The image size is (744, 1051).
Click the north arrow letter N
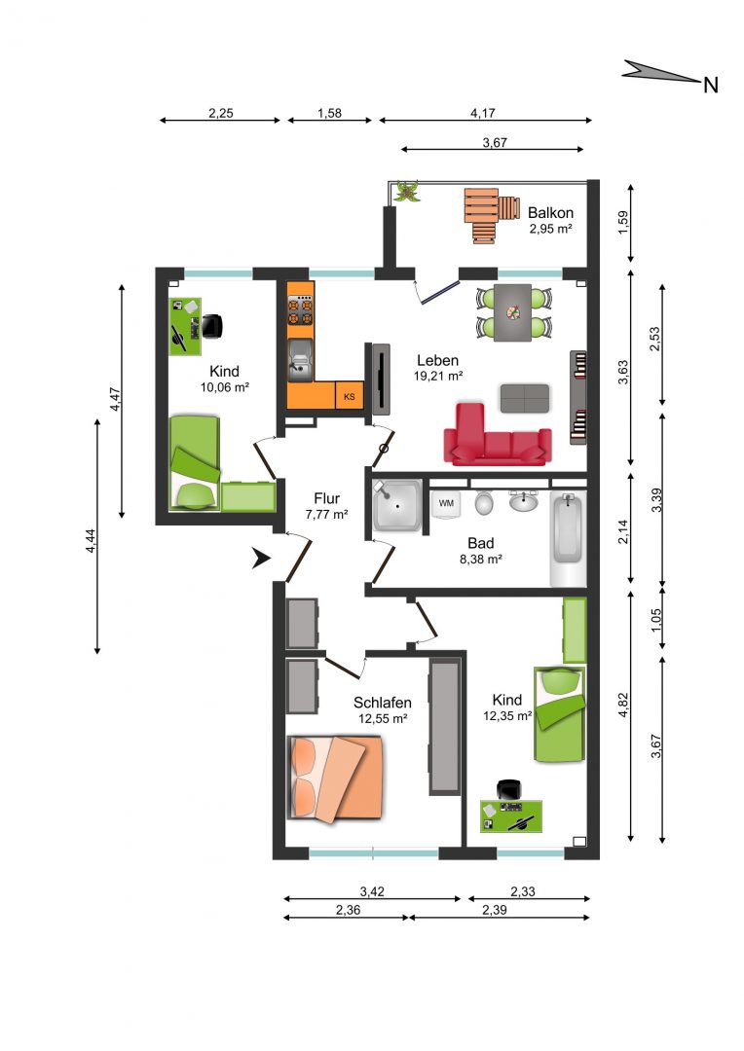(x=711, y=85)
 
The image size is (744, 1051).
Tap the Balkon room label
(x=550, y=213)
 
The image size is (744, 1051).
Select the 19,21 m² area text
(x=437, y=376)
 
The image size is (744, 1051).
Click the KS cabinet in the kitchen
(x=349, y=395)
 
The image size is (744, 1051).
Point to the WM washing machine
(x=445, y=504)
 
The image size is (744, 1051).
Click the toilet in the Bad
(x=484, y=502)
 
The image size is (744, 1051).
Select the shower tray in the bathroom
(x=397, y=506)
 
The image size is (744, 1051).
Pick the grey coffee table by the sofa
(x=525, y=398)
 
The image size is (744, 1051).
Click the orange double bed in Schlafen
(x=335, y=779)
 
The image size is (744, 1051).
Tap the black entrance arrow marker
(x=260, y=558)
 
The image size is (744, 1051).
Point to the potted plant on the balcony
(x=406, y=191)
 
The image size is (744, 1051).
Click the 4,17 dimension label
(x=482, y=113)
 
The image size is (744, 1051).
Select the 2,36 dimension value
(x=348, y=910)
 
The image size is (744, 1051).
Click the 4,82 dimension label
(x=623, y=705)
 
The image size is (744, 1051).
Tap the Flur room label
(x=326, y=498)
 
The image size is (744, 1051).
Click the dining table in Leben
(x=513, y=313)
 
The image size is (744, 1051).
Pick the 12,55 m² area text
(x=383, y=718)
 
